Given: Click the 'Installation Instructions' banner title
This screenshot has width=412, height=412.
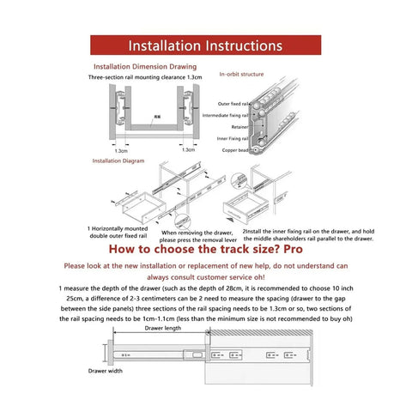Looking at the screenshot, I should tap(205, 45).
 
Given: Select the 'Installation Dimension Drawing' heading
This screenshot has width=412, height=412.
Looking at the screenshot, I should tap(144, 66).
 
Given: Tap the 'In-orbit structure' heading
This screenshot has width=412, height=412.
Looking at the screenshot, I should tap(243, 74).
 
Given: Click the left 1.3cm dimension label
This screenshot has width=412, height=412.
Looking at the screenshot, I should tap(121, 150).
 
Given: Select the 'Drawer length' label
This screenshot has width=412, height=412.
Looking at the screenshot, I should tap(162, 327).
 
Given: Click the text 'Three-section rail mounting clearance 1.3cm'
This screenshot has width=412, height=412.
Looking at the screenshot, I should tap(145, 78).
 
